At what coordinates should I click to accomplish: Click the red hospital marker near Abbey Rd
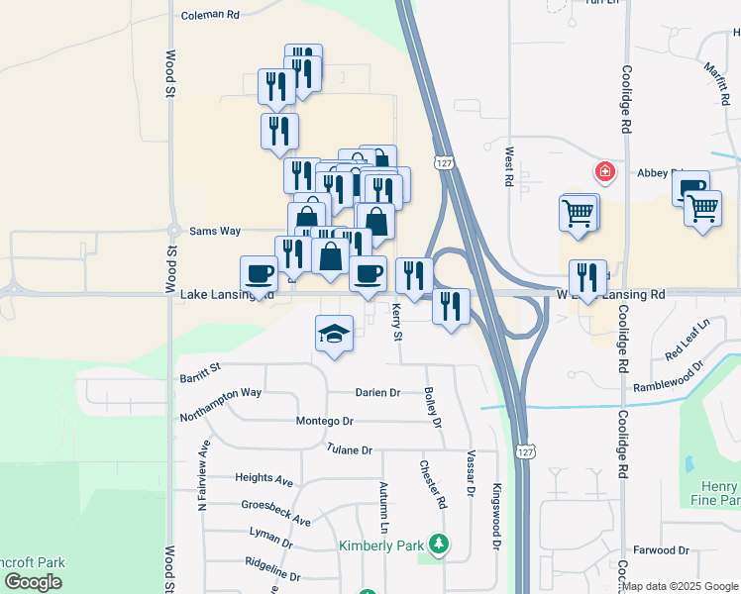[604, 173]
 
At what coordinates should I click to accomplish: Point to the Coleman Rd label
[211, 15]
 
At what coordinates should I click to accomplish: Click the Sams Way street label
[215, 231]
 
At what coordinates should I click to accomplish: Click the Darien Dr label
[377, 392]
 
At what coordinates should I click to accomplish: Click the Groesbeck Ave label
[276, 513]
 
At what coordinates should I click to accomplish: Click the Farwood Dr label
[662, 549]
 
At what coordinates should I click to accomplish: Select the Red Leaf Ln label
[688, 340]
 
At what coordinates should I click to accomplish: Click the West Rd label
[508, 167]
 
